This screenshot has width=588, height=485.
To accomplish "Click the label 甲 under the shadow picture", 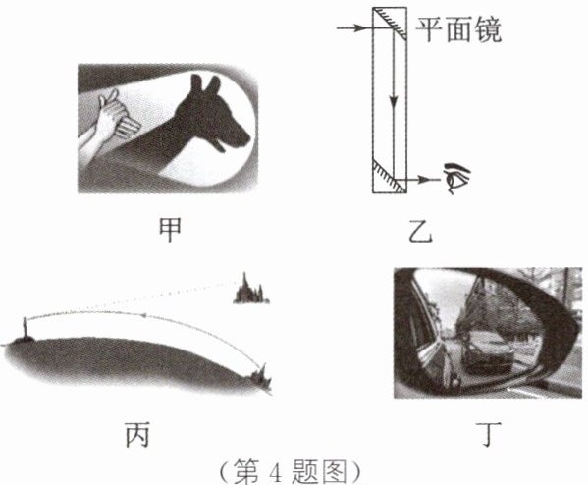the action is (170, 231).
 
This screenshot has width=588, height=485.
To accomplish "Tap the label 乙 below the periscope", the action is (420, 231).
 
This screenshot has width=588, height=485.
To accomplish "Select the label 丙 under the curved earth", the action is (137, 434).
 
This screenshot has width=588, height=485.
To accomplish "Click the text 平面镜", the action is (459, 29).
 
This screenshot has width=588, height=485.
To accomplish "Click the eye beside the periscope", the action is (456, 178).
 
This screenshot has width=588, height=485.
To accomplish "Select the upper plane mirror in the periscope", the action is (390, 24).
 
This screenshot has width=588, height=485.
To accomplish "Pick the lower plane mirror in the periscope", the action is (390, 176).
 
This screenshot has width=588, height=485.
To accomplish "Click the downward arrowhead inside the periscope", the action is (393, 101).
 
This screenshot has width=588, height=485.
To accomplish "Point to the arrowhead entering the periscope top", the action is (361, 27).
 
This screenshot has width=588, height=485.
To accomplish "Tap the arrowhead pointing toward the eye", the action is (424, 180).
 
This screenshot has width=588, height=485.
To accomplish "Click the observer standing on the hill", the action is (25, 328).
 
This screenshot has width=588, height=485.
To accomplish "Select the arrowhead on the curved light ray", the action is (143, 316).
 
